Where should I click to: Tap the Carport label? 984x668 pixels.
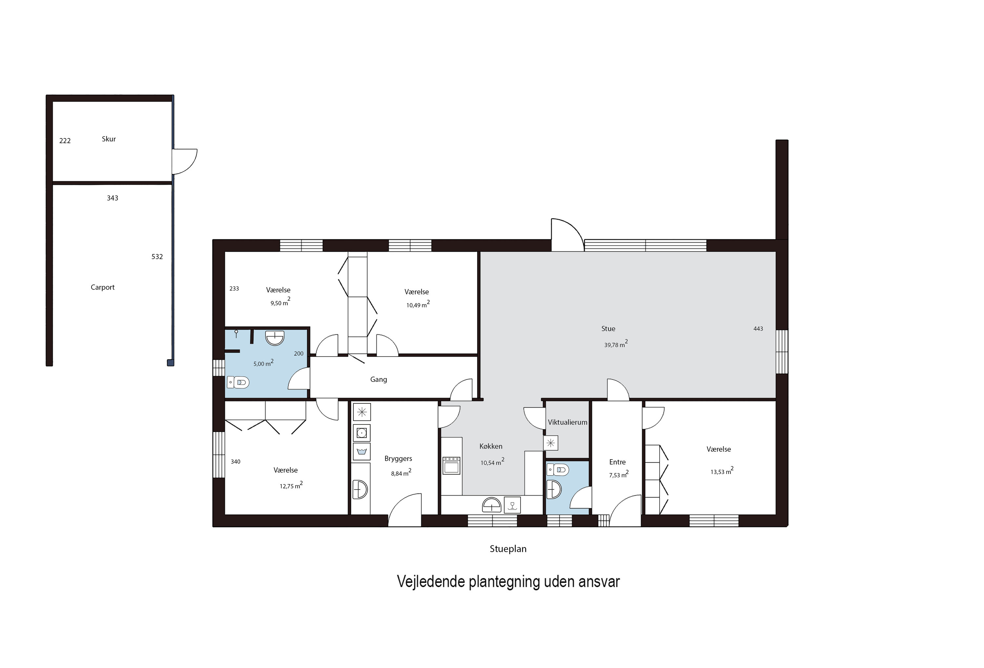(x=102, y=287)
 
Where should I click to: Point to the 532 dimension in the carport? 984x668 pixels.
(x=157, y=257)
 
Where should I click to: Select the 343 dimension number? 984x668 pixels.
(x=112, y=198)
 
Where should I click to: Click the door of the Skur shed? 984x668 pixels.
(x=185, y=161)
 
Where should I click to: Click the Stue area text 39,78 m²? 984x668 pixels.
(x=615, y=344)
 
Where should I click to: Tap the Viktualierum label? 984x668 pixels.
(x=567, y=422)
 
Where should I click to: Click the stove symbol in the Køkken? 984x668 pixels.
(x=451, y=465)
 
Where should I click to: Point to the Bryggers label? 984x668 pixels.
(x=398, y=459)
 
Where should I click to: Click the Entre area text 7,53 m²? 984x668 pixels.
(x=618, y=475)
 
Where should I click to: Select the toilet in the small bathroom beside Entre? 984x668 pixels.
(x=558, y=470)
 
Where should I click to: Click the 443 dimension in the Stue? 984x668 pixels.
(x=758, y=329)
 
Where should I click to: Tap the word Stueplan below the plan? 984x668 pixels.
(x=508, y=549)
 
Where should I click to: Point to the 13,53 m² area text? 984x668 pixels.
(x=722, y=471)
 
